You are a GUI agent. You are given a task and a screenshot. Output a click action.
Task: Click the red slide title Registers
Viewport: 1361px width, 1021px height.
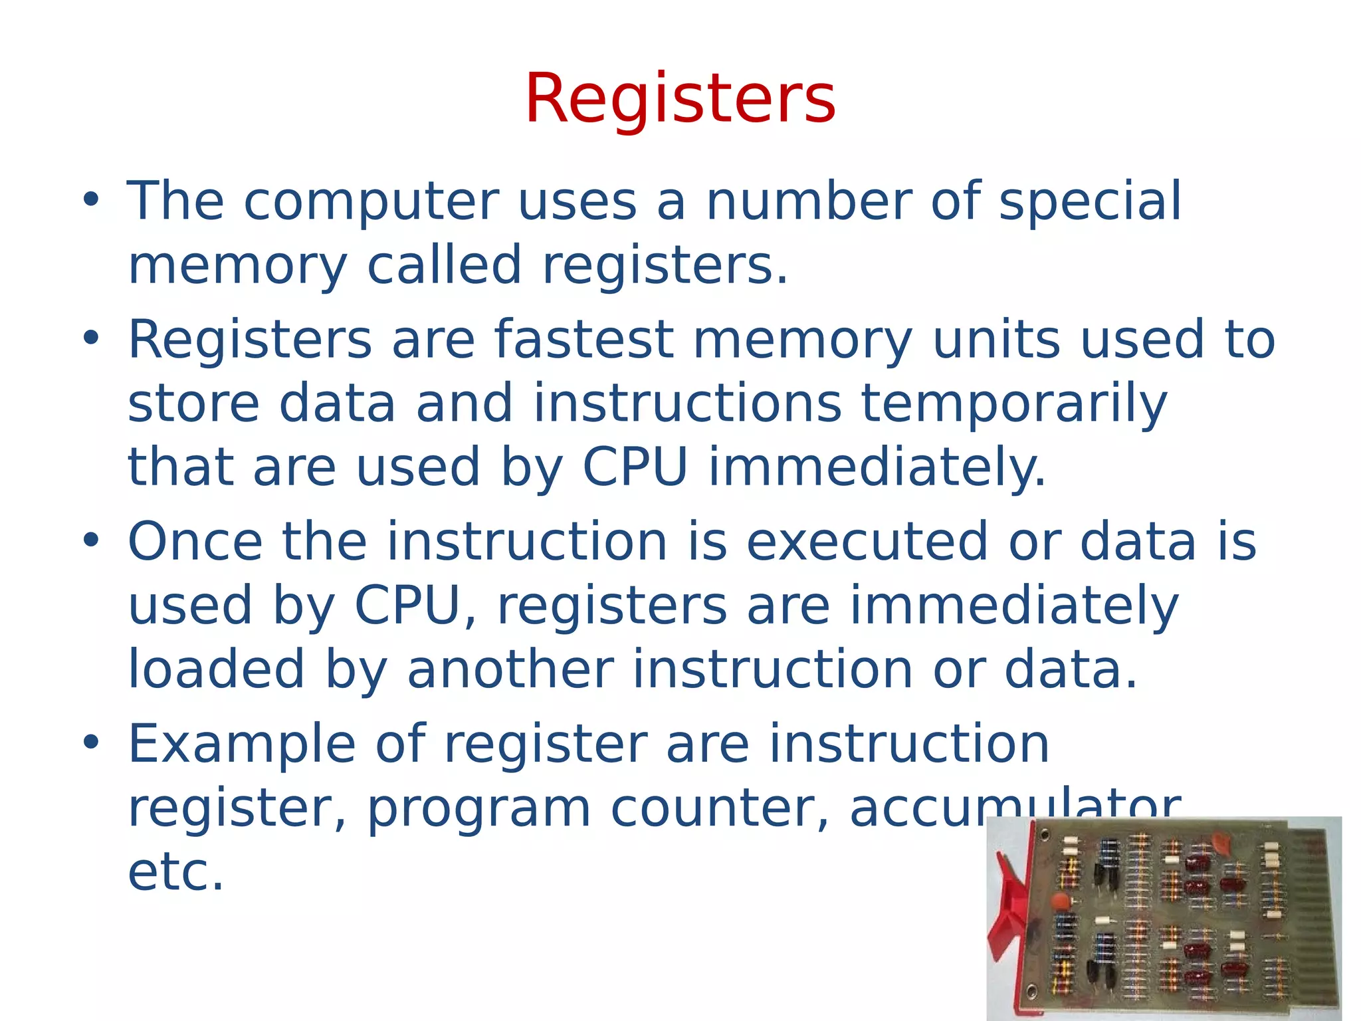(680, 100)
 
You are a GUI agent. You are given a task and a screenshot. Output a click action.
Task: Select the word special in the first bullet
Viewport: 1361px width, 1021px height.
(1090, 202)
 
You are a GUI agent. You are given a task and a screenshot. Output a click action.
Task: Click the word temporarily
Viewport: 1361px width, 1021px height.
(1014, 404)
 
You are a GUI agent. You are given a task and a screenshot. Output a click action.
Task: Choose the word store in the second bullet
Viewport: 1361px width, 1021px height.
(193, 404)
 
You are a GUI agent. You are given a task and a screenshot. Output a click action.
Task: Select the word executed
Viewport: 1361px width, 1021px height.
(867, 542)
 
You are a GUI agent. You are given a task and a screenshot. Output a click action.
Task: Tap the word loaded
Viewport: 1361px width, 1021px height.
(216, 670)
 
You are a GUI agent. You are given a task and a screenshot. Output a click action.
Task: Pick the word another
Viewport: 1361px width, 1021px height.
(510, 670)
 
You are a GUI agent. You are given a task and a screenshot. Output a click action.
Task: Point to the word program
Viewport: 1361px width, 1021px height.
(478, 810)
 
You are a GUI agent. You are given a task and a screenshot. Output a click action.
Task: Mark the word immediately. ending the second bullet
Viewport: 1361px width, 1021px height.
(877, 468)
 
